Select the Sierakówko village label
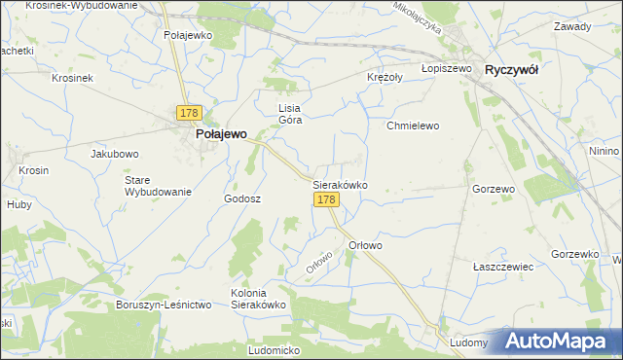pos(340,183)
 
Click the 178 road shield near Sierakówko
pos(326,199)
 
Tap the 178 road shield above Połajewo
pos(189,114)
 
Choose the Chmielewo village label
pos(414,126)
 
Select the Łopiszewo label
pos(447,69)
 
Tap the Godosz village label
pos(243,198)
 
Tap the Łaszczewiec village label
pos(503,266)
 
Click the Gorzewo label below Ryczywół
pos(493,189)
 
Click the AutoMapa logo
pos(562,342)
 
